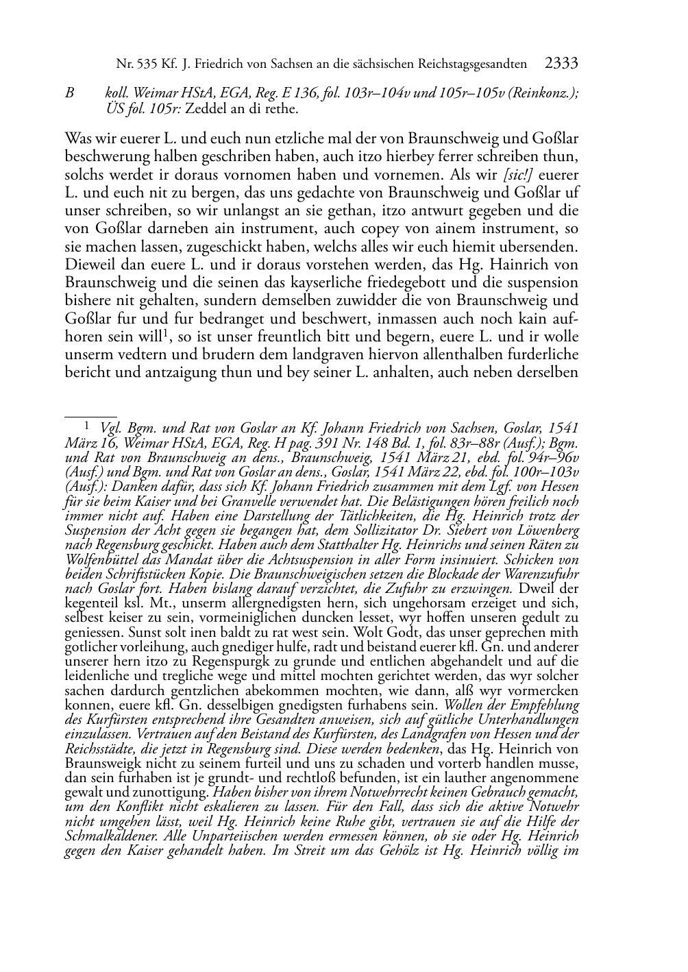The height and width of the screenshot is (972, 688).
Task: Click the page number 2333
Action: click(561, 64)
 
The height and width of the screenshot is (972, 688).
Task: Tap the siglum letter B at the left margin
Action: click(69, 94)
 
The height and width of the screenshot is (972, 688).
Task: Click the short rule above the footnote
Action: click(82, 415)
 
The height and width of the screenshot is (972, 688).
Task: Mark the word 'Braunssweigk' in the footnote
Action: click(103, 762)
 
